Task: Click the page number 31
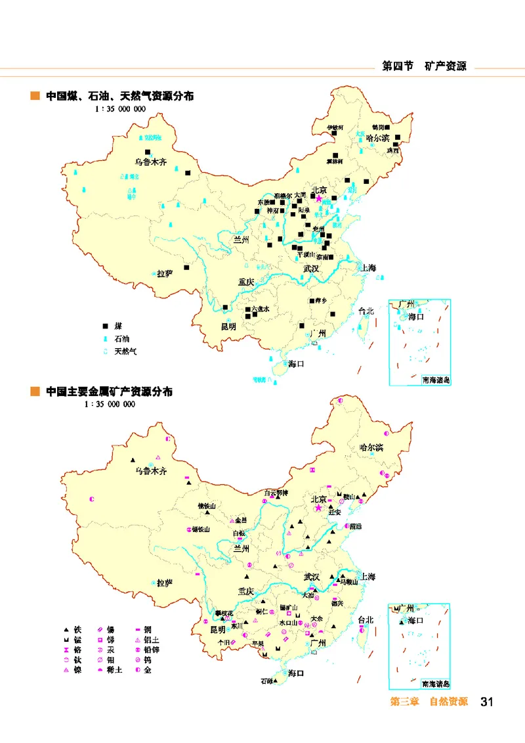click(x=486, y=702)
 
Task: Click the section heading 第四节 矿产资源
click(x=424, y=66)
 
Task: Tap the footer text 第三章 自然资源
click(x=429, y=702)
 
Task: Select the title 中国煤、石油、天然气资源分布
click(x=119, y=96)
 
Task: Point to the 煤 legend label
click(x=118, y=326)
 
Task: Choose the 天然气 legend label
click(x=125, y=351)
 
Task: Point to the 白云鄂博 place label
click(x=276, y=492)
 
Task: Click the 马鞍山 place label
click(x=348, y=581)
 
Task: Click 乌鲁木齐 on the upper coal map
click(x=152, y=161)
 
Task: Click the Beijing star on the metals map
click(x=319, y=508)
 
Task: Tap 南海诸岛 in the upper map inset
click(x=436, y=380)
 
